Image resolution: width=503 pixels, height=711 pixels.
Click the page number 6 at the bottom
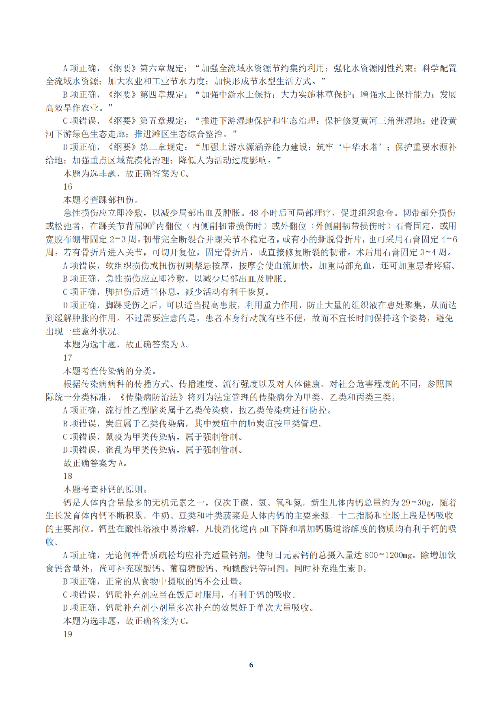click(251, 665)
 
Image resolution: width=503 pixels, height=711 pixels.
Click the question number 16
click(68, 186)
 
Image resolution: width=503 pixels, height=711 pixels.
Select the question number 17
click(68, 358)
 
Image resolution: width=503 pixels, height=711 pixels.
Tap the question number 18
click(68, 476)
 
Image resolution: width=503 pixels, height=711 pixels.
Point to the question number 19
click(68, 634)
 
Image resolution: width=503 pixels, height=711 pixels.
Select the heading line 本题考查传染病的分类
click(107, 371)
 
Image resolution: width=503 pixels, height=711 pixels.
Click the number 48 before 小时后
click(254, 213)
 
